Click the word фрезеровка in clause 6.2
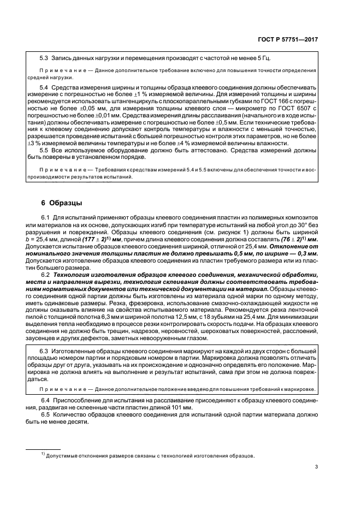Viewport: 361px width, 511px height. [x=139, y=297]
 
